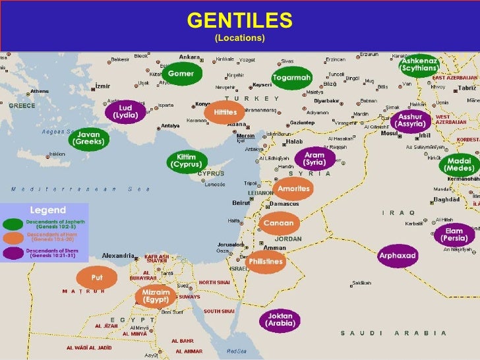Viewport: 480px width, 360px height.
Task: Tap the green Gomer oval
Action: pyautogui.click(x=181, y=74)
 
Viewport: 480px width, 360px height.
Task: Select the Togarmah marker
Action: pyautogui.click(x=291, y=78)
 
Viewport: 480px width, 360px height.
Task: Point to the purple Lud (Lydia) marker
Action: pyautogui.click(x=125, y=111)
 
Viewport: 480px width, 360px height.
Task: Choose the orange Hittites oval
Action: pyautogui.click(x=225, y=113)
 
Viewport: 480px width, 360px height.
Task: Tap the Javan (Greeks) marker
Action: pyautogui.click(x=88, y=138)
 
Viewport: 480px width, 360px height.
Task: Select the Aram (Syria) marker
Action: pyautogui.click(x=315, y=159)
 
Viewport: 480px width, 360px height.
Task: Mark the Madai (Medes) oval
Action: pyautogui.click(x=459, y=164)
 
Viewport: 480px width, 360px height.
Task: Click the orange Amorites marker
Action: pyautogui.click(x=293, y=189)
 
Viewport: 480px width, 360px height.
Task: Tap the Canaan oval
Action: pyautogui.click(x=278, y=224)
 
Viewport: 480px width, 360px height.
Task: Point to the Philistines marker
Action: pyautogui.click(x=265, y=262)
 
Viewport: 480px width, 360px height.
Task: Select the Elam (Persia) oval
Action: pyautogui.click(x=454, y=235)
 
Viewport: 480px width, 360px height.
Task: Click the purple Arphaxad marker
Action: pyautogui.click(x=397, y=255)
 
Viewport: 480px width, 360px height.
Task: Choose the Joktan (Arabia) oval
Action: pyautogui.click(x=279, y=320)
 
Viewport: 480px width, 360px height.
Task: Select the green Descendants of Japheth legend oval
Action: pyautogui.click(x=13, y=224)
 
